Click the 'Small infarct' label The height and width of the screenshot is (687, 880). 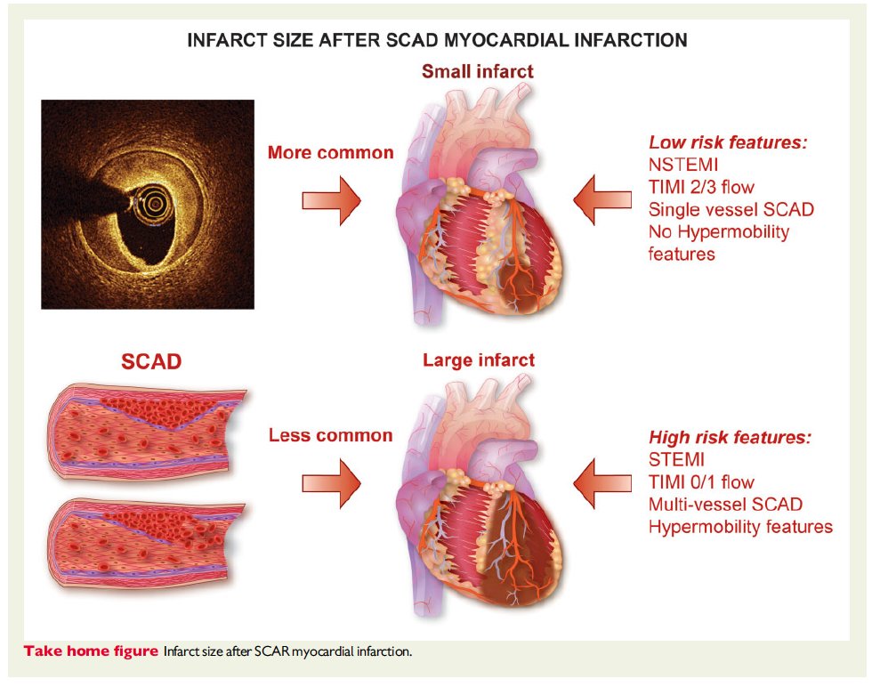tap(478, 71)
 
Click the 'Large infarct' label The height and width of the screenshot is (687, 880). tap(478, 360)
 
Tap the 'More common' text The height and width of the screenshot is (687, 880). tap(330, 152)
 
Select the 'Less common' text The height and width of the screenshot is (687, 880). tap(330, 435)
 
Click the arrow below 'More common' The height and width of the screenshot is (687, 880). tap(331, 200)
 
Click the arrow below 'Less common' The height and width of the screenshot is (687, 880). tap(331, 483)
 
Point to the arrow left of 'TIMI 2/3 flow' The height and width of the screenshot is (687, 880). tap(601, 200)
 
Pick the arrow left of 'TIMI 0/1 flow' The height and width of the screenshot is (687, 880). tap(601, 483)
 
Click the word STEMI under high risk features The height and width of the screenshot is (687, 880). tap(676, 460)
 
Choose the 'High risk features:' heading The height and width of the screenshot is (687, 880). tap(730, 438)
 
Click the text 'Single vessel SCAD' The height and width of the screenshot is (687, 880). tap(731, 209)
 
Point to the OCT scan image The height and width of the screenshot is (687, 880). tap(148, 204)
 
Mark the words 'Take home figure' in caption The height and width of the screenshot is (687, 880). tap(91, 651)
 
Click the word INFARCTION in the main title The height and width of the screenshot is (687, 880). tap(620, 40)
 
